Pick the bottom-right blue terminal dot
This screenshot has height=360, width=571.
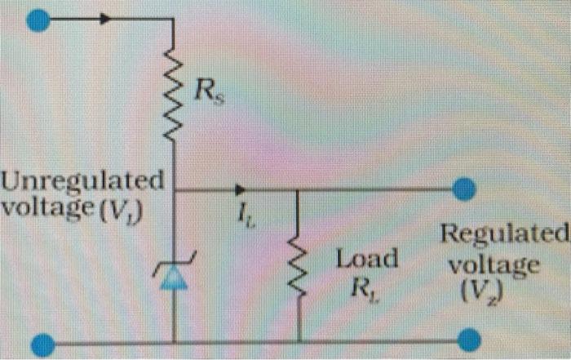(469, 338)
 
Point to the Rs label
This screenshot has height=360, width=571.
(208, 92)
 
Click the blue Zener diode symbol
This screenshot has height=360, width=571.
(174, 275)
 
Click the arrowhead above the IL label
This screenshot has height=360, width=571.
(239, 190)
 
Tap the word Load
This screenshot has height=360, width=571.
(367, 260)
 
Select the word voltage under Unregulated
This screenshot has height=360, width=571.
(47, 207)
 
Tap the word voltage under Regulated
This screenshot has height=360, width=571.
(494, 266)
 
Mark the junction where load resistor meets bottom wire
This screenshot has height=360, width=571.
(298, 341)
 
